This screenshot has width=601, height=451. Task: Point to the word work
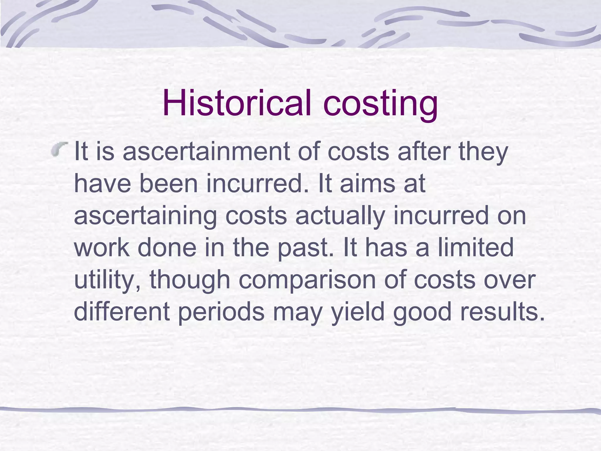[x=102, y=248]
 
